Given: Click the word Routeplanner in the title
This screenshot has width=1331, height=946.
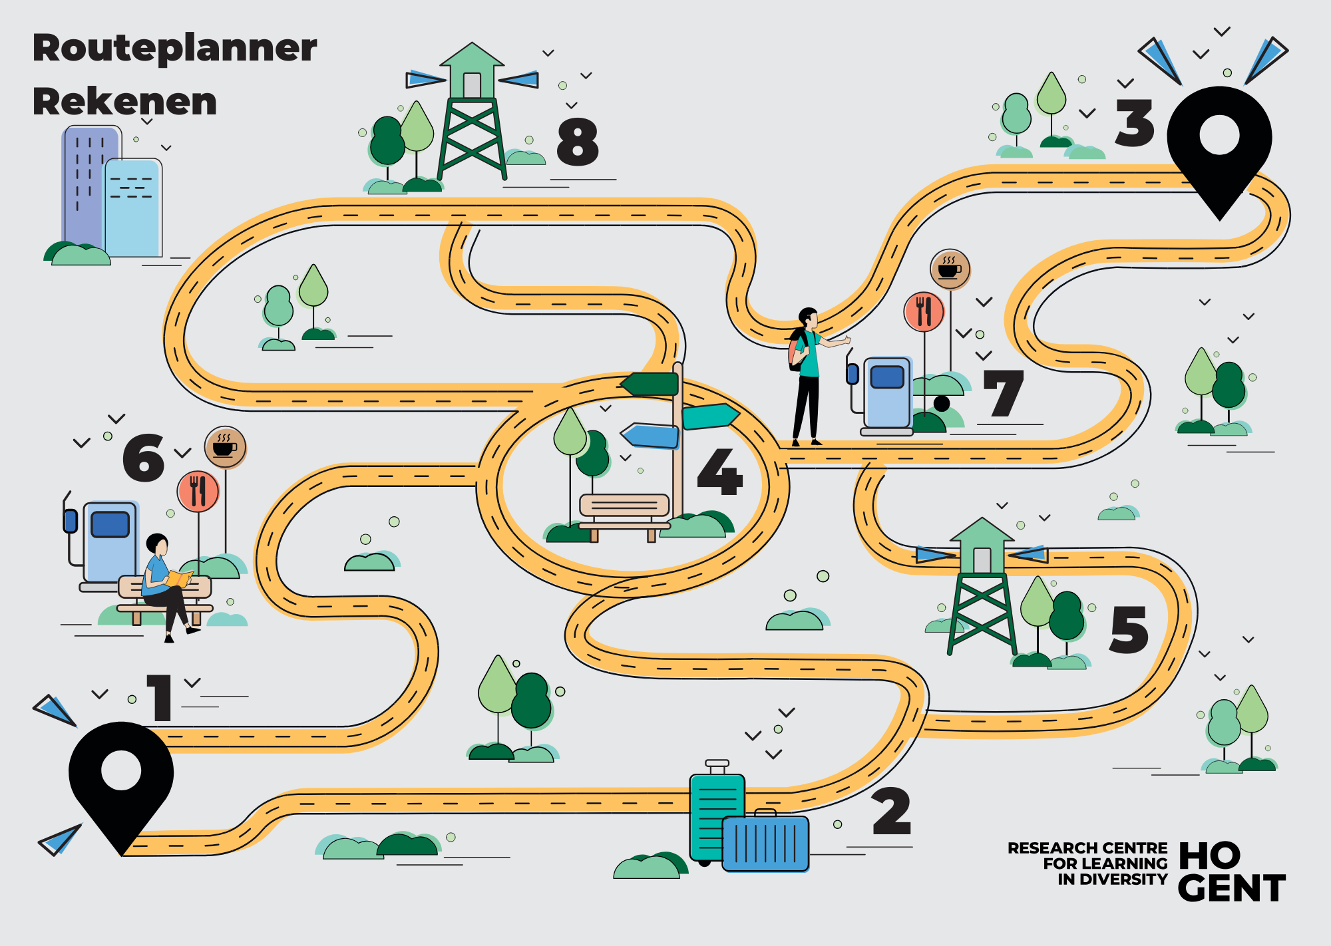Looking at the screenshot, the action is (175, 48).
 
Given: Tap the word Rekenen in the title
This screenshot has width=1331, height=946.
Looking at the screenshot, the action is (125, 102).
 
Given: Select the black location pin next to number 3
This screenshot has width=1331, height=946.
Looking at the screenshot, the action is (1219, 146).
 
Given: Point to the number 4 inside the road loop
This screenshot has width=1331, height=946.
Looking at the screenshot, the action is (719, 472).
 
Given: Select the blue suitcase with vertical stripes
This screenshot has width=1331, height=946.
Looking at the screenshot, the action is (765, 843).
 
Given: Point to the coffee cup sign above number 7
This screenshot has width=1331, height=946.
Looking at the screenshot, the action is (950, 269).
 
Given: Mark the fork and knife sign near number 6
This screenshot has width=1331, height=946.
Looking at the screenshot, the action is (198, 491).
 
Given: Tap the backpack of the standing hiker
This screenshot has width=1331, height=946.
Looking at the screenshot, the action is (797, 349).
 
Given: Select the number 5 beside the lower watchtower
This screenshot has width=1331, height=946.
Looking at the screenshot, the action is (1129, 629).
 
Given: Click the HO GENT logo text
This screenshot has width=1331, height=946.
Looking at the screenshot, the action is (1231, 872).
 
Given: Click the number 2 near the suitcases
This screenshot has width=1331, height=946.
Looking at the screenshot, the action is (891, 811).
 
